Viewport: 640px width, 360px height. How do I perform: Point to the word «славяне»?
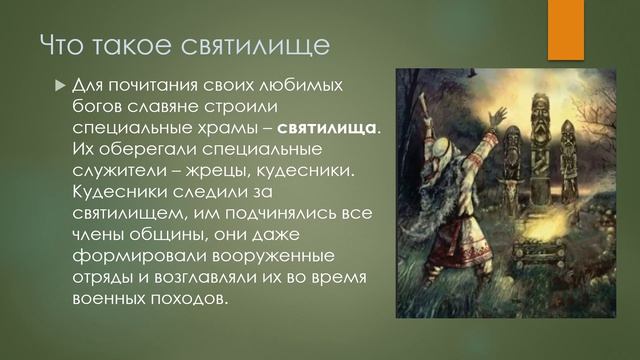pos(175,109)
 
